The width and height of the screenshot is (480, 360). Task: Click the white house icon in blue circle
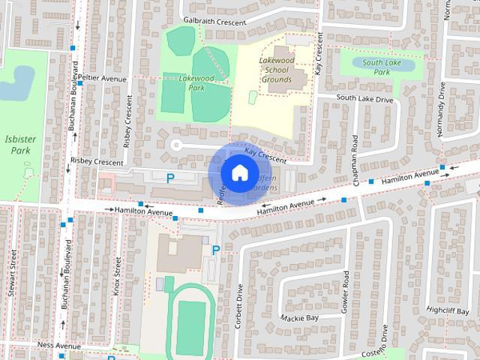[x=238, y=172]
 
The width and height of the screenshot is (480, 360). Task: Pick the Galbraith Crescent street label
[x=214, y=22]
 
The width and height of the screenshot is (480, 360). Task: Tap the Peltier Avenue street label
[x=102, y=78]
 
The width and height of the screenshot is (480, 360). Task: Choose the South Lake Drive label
[x=364, y=99]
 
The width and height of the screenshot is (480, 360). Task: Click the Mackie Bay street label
[x=300, y=318]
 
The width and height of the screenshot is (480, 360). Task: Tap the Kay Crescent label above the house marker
[x=265, y=155]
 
